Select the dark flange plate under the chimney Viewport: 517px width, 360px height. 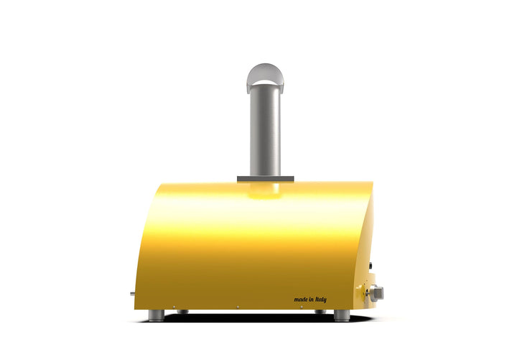click(266, 179)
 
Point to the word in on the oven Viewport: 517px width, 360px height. click(312, 300)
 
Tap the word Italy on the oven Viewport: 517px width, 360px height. click(321, 300)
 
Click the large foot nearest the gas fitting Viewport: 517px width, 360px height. click(342, 315)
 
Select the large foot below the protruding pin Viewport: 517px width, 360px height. click(157, 315)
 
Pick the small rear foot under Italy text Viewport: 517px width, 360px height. click(320, 311)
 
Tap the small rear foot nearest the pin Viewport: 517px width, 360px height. click(182, 311)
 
